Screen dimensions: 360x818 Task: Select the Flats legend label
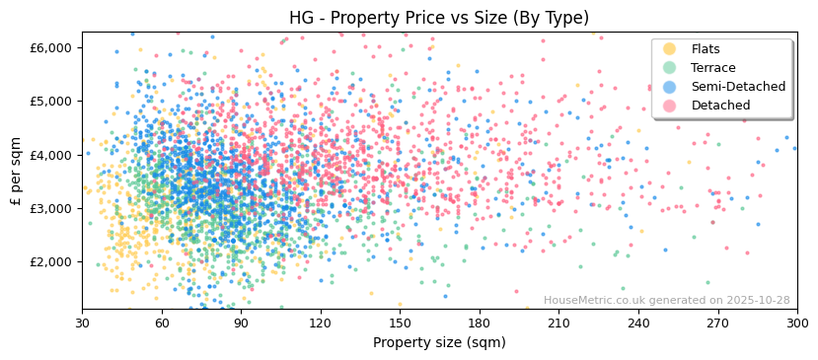(x=705, y=49)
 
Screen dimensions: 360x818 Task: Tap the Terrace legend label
(x=712, y=68)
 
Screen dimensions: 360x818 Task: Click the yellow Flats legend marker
(x=670, y=49)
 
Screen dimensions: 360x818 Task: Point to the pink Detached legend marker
(x=670, y=106)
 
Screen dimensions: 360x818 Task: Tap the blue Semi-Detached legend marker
(x=670, y=87)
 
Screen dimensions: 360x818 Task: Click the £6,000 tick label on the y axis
(x=51, y=47)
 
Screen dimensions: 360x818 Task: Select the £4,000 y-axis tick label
(x=51, y=155)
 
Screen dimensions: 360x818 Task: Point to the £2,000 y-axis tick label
(x=51, y=261)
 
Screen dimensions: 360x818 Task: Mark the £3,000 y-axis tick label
(x=51, y=208)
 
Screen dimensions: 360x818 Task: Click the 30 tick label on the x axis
(x=82, y=324)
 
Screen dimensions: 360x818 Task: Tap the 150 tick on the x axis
(x=400, y=324)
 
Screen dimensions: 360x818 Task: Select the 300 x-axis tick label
(x=796, y=324)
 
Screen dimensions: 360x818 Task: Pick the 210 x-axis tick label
(x=558, y=324)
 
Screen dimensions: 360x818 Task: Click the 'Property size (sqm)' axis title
(x=439, y=342)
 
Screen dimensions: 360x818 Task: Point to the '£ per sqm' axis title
(x=16, y=172)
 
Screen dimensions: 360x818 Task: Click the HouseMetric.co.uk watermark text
(x=666, y=300)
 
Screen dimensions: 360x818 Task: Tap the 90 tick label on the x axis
(x=241, y=324)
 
